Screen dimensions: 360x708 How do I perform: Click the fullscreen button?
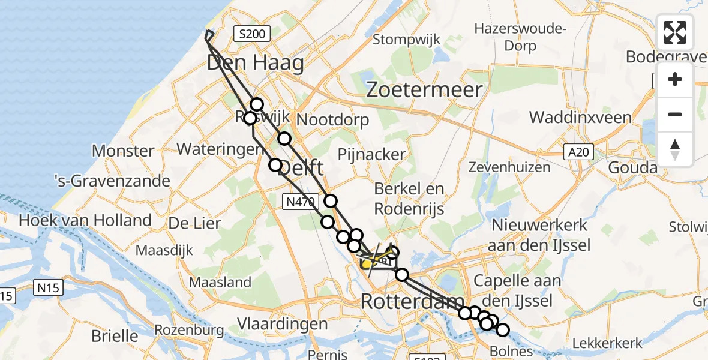pyautogui.click(x=675, y=32)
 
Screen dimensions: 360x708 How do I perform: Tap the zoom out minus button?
pyautogui.click(x=675, y=114)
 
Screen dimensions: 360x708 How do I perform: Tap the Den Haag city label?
pyautogui.click(x=256, y=62)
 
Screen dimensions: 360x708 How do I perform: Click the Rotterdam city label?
pyautogui.click(x=412, y=302)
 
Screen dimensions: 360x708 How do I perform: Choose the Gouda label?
pyautogui.click(x=632, y=168)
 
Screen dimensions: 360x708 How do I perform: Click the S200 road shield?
pyautogui.click(x=252, y=34)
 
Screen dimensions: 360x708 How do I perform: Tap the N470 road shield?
pyautogui.click(x=299, y=203)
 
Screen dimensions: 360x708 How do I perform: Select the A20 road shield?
pyautogui.click(x=579, y=154)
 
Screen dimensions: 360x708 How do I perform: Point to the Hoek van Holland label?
pyautogui.click(x=85, y=220)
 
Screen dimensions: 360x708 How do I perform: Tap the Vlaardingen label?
pyautogui.click(x=283, y=325)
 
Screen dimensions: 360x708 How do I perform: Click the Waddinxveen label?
pyautogui.click(x=580, y=118)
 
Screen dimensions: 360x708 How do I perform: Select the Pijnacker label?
pyautogui.click(x=372, y=155)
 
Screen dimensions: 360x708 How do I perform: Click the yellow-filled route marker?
pyautogui.click(x=366, y=263)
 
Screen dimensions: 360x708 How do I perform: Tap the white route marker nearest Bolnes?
pyautogui.click(x=502, y=329)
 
